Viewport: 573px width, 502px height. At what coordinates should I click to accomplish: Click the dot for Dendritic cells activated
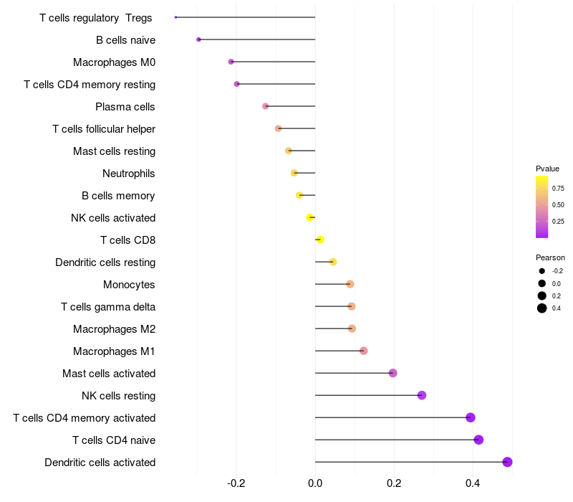tap(507, 462)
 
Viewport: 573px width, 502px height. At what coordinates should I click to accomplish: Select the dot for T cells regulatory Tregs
tap(175, 17)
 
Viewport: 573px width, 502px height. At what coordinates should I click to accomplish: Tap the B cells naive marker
tap(198, 39)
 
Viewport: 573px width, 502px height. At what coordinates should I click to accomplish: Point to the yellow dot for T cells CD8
tap(320, 240)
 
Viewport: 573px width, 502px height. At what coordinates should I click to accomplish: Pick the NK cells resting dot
tap(422, 395)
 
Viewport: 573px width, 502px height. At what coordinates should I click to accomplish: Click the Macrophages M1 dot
tap(363, 351)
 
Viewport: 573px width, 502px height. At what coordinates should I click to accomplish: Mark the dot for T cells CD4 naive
tap(478, 440)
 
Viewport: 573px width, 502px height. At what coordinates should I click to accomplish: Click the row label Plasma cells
tap(125, 107)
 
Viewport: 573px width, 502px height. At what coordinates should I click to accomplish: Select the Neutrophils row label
tap(129, 174)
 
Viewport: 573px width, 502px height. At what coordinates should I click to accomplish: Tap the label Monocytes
tap(129, 285)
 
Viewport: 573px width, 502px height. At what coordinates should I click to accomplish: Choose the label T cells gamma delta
tap(108, 307)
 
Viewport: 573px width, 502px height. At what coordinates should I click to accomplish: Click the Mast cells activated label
tap(109, 374)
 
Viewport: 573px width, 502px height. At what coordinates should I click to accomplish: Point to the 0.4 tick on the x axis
tap(473, 484)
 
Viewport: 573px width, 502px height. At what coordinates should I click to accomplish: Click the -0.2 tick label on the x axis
tap(236, 484)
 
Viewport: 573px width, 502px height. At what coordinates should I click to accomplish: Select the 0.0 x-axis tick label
tap(315, 484)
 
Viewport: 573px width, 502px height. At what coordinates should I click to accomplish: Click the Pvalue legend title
tap(547, 169)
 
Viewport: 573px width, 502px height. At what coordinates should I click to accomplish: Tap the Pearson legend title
tap(550, 257)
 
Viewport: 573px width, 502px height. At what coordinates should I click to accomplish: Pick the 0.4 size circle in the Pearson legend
tap(542, 308)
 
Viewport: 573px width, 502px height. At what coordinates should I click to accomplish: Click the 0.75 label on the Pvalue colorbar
tap(558, 189)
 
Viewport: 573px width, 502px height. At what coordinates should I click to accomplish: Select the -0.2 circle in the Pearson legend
tap(542, 271)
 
